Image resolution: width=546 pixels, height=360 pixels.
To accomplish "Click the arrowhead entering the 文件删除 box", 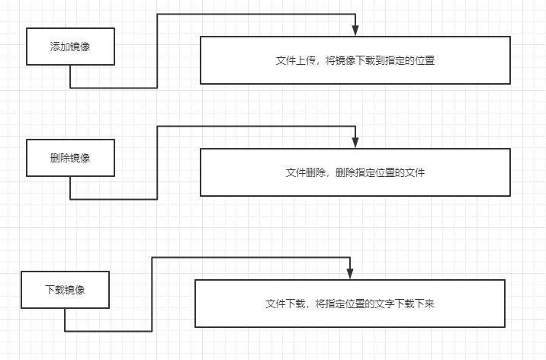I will click(355, 143).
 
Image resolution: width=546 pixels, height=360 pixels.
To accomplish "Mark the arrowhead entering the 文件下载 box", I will click(350, 274).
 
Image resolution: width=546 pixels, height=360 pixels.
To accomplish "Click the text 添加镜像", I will click(70, 47).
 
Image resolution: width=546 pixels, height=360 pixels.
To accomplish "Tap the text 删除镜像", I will click(70, 159).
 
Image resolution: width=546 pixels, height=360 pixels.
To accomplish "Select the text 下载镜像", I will click(65, 290).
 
